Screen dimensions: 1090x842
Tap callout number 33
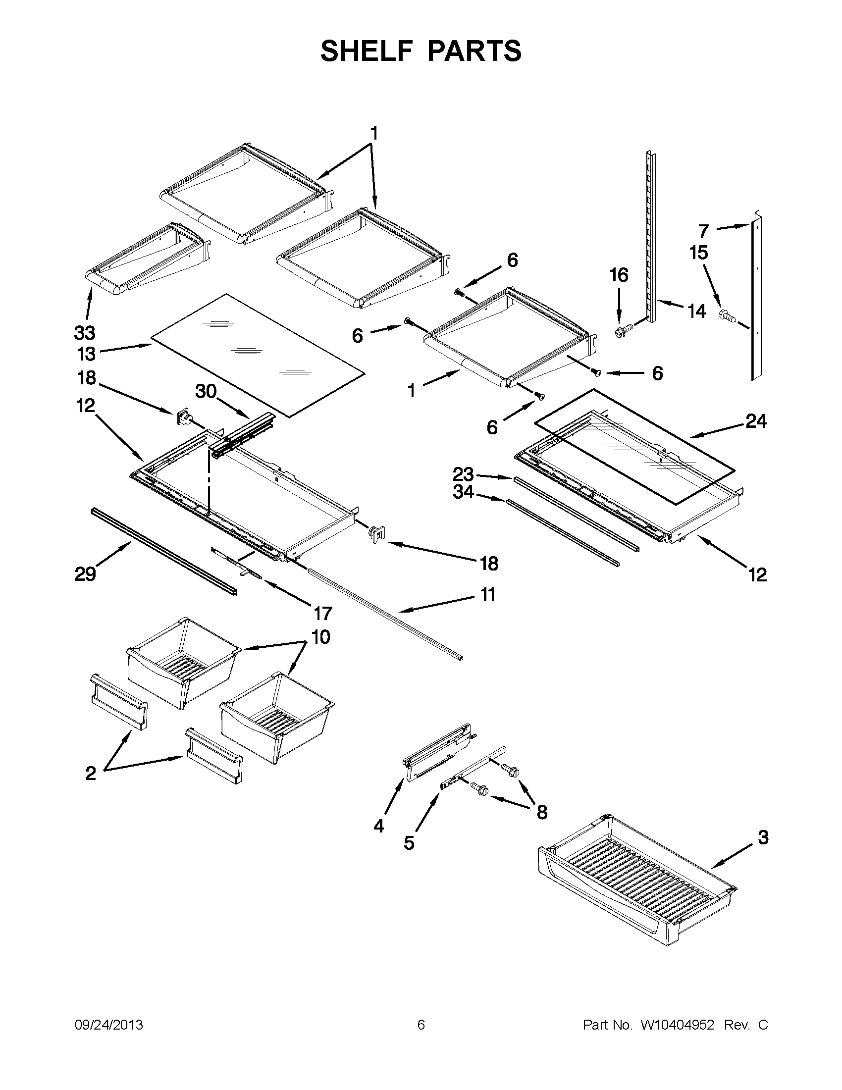point(85,333)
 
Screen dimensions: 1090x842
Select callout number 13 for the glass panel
point(86,354)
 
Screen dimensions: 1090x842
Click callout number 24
point(756,422)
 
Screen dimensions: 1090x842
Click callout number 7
point(703,231)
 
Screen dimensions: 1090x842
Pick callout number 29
point(85,574)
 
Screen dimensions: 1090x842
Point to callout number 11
point(487,594)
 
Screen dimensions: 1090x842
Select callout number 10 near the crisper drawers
point(320,637)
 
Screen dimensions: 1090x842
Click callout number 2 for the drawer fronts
point(90,773)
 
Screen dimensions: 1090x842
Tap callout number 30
point(206,391)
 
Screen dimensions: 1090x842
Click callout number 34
point(463,492)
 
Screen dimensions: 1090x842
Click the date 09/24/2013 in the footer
point(109,1025)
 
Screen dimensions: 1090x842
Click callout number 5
point(409,843)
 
